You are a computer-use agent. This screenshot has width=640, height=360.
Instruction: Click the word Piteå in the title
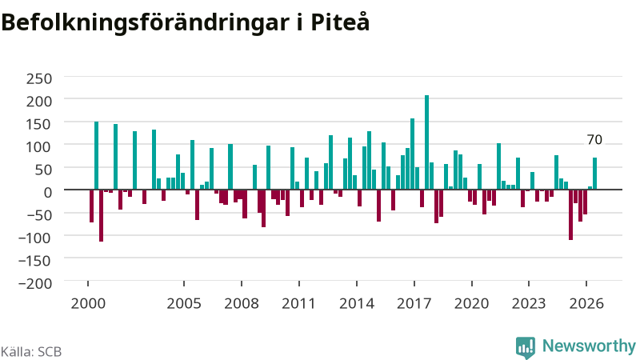340,22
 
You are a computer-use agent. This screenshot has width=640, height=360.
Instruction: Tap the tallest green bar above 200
426,142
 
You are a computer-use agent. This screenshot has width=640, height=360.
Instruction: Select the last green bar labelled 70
594,174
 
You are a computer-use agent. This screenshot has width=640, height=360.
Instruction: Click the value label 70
594,139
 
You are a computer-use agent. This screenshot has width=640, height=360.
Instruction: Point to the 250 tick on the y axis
39,78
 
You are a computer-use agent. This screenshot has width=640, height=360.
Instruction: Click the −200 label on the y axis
35,283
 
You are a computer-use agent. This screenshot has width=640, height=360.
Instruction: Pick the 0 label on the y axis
48,192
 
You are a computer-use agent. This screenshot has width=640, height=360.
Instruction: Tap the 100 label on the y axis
39,146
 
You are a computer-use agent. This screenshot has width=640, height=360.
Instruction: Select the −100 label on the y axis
35,237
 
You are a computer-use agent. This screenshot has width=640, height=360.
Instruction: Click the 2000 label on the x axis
88,303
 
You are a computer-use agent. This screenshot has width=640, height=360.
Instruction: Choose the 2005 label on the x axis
184,303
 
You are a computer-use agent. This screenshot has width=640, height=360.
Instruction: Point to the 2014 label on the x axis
357,303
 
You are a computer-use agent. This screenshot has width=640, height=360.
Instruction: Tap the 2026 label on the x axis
586,303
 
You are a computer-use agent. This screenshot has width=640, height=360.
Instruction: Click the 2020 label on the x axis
472,303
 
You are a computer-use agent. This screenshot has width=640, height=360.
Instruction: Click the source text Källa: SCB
31,351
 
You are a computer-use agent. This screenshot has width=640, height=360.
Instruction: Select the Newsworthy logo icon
526,348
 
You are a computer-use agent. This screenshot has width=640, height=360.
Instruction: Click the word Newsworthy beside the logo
589,346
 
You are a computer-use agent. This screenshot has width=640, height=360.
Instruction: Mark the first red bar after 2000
91,206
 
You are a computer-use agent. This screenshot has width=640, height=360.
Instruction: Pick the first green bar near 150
96,155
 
